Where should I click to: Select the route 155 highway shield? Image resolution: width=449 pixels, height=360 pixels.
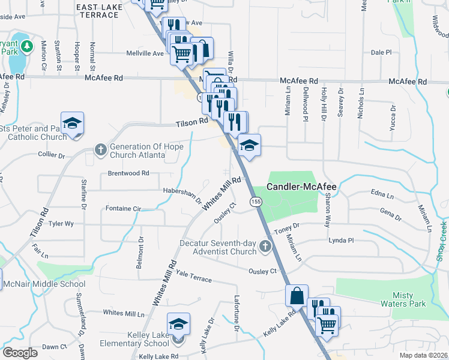(256, 203)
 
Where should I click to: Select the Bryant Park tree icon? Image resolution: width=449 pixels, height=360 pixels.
(26, 46)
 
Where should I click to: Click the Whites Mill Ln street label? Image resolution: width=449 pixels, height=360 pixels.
(124, 313)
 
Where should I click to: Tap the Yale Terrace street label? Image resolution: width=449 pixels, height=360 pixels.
(194, 279)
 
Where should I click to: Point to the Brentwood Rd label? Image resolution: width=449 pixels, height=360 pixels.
(128, 173)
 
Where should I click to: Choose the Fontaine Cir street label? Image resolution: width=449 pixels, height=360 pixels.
(123, 209)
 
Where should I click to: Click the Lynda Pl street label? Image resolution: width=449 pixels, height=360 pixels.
(342, 240)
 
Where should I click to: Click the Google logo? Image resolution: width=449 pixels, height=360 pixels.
(20, 353)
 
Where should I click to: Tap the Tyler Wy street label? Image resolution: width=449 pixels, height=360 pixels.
(61, 224)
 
